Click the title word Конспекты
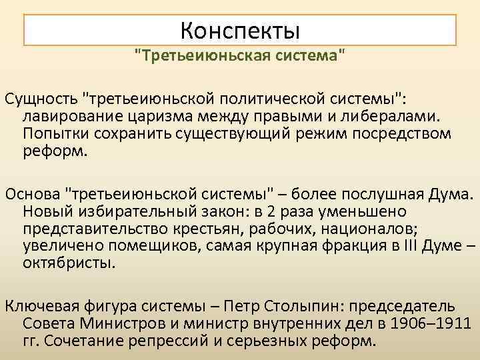click(x=241, y=30)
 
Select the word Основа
click(x=34, y=194)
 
